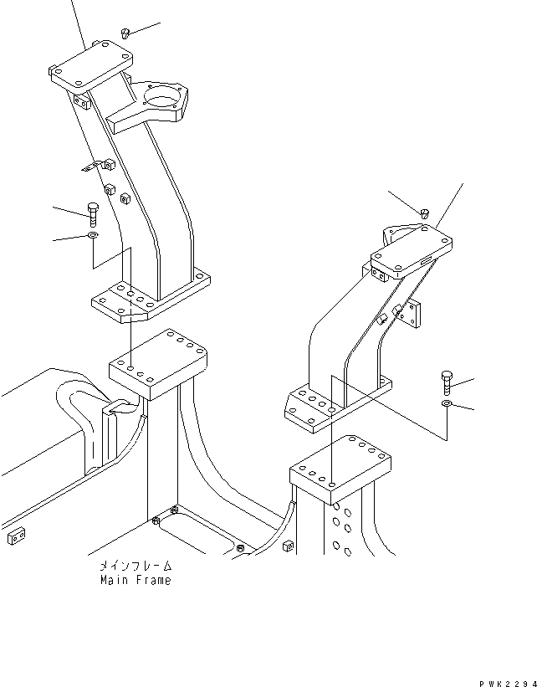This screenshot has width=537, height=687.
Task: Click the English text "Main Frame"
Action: pos(135,580)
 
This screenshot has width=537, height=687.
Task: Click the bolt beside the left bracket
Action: pos(92,213)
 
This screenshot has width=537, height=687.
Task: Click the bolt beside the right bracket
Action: pos(446,382)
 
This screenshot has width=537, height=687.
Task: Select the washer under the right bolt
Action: pos(447,405)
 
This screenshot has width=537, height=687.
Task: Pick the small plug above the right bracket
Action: pos(425,213)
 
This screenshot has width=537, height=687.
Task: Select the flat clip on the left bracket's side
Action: pos(90,167)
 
